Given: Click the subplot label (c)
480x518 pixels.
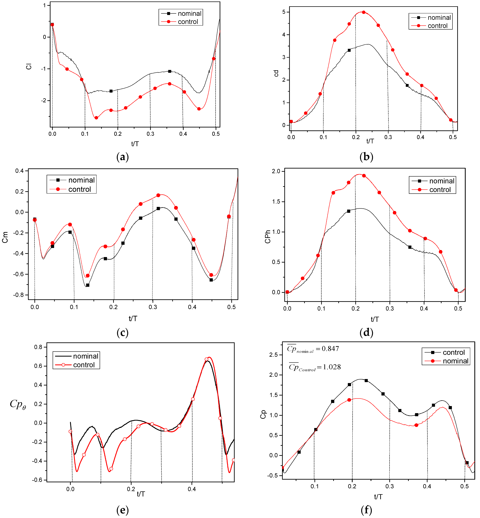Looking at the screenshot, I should click(x=122, y=332).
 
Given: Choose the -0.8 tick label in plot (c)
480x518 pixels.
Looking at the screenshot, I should click(x=18, y=295).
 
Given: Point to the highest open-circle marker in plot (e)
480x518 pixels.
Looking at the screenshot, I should click(x=207, y=359).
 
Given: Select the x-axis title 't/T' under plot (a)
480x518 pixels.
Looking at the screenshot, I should click(x=135, y=144).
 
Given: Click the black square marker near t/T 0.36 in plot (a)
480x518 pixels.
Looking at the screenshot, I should click(x=170, y=71).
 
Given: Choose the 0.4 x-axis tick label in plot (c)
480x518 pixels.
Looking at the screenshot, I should click(x=192, y=307).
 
